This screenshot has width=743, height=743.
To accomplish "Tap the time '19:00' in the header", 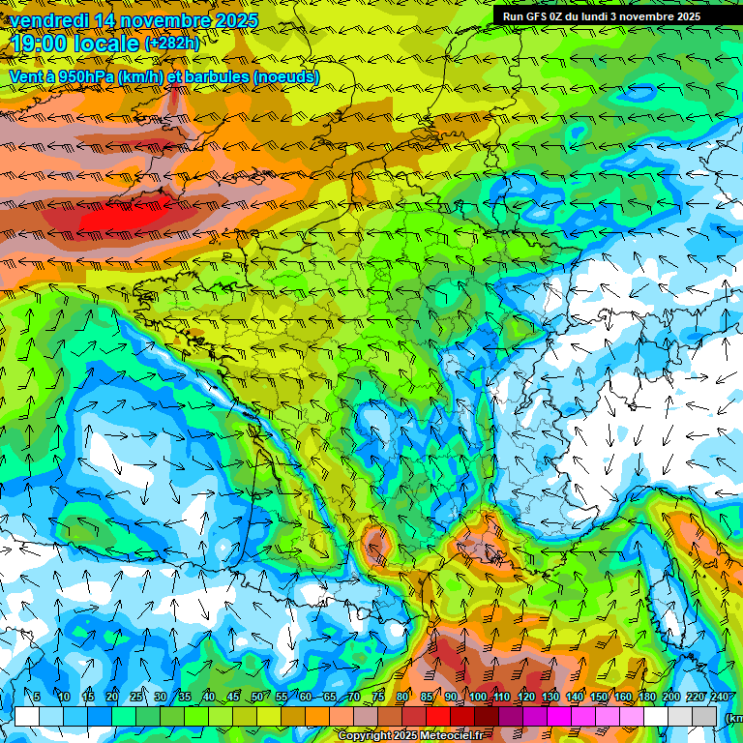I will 38,43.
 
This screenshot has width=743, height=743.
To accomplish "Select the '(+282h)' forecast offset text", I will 172,44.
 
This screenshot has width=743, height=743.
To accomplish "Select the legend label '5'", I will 37,698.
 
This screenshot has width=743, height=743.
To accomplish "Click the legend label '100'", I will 477,698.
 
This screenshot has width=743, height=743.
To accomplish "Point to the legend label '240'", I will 719,698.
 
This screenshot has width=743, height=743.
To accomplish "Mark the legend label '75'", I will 378,698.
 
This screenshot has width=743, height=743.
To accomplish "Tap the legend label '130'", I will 550,698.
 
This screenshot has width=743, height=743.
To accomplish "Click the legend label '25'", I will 135,698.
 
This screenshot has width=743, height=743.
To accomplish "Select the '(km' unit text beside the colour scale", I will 733,718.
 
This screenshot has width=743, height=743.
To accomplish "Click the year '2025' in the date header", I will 235,20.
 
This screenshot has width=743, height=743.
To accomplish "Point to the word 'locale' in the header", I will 105,43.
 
